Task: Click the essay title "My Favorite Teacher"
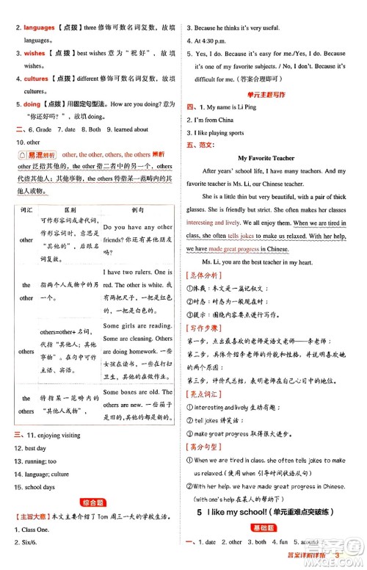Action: [x=266, y=158]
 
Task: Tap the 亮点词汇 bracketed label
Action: [x=210, y=394]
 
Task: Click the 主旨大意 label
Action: [x=34, y=518]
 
